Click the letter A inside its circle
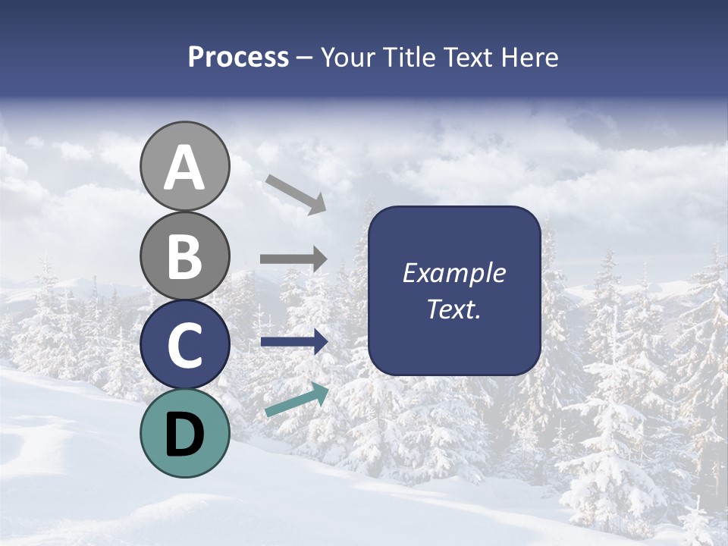(x=184, y=168)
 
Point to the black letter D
(x=184, y=435)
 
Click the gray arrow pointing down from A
(x=296, y=193)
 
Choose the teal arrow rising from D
(x=297, y=400)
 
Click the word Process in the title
(x=238, y=58)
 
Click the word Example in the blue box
(x=453, y=274)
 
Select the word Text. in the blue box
(x=453, y=309)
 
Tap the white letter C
(x=184, y=345)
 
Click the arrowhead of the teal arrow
(x=320, y=392)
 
